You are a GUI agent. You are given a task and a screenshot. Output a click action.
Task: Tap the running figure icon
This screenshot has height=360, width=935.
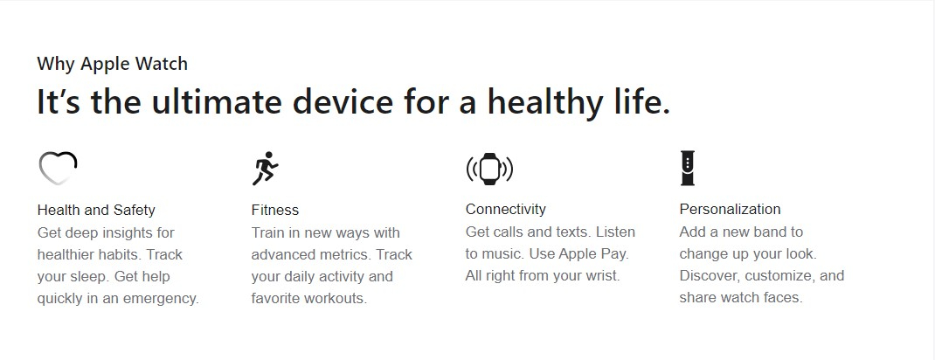click(265, 168)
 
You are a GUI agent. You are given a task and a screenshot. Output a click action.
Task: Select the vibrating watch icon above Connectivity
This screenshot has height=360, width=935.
click(489, 169)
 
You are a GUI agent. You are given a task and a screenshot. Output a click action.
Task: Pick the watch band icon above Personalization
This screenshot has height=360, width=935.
click(688, 168)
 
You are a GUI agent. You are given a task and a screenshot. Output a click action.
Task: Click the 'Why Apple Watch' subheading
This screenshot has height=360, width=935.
click(112, 63)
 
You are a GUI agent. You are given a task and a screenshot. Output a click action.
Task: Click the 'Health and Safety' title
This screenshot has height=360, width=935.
click(96, 210)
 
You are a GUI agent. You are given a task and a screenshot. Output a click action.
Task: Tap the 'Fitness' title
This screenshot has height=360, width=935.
click(275, 210)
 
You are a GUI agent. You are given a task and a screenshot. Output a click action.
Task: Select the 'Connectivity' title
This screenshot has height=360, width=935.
click(506, 209)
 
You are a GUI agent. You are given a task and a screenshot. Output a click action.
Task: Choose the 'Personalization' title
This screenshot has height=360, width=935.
click(730, 209)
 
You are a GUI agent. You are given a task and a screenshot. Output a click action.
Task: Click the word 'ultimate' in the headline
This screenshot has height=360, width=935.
click(217, 101)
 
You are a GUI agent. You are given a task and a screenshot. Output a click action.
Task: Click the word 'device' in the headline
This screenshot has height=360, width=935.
click(343, 101)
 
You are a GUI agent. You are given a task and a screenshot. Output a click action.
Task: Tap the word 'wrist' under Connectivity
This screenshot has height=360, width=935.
click(602, 276)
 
